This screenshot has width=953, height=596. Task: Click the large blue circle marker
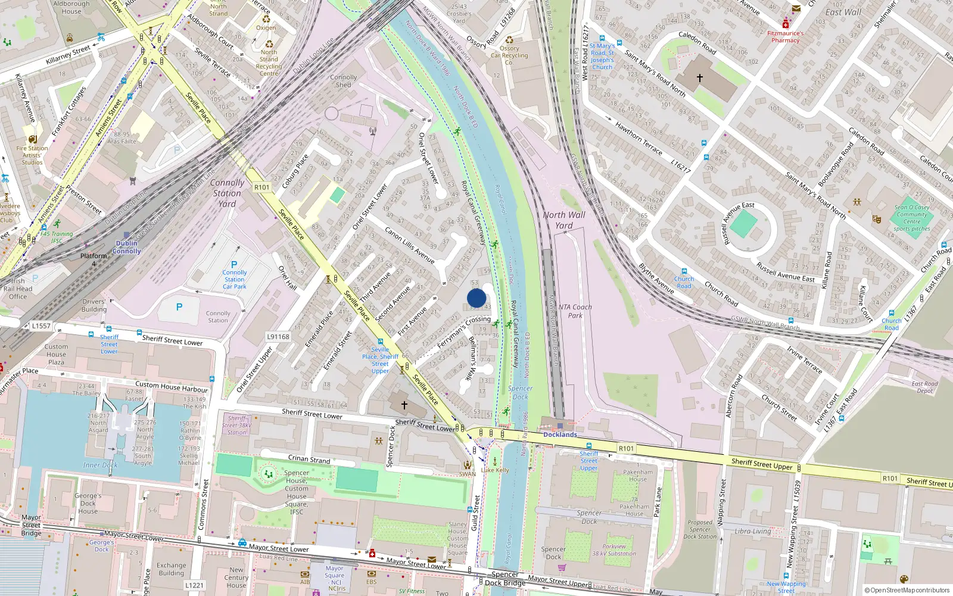point(476,298)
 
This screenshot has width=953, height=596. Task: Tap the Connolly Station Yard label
point(227,193)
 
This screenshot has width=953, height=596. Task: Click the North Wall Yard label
point(563,220)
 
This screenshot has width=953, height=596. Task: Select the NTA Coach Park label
point(575,311)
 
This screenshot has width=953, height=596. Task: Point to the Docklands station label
point(560,434)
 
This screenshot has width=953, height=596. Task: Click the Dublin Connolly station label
point(126,247)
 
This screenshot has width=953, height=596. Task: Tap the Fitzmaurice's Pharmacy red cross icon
point(785,24)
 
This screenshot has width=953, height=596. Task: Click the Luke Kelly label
point(495,470)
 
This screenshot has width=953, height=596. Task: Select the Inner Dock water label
point(100,465)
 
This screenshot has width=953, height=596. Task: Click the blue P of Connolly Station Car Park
point(234,265)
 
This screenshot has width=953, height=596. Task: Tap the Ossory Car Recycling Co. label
point(509,55)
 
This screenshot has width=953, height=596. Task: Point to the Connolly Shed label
point(344,81)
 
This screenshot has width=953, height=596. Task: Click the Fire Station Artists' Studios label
point(32,155)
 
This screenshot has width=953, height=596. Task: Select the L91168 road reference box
point(278,337)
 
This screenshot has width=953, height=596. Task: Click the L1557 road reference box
point(42,326)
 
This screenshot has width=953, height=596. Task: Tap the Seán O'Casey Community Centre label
point(912,218)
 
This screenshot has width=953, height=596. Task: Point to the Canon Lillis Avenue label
point(409,245)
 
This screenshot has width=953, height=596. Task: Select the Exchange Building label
point(172,569)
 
